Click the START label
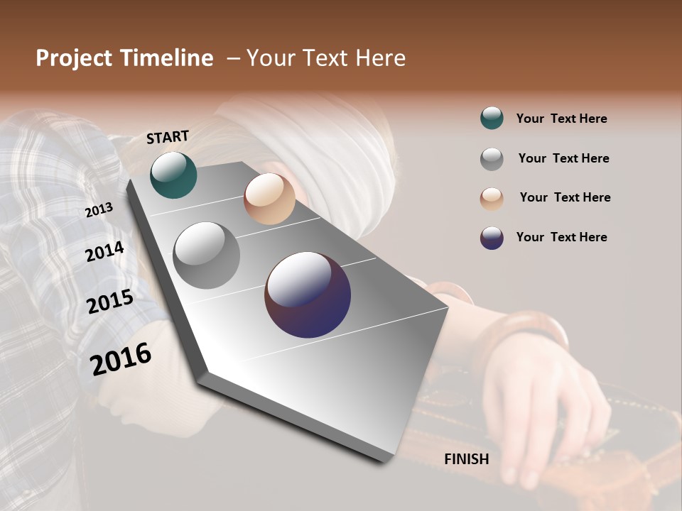(x=168, y=137)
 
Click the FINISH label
(x=466, y=459)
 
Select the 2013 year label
(x=99, y=209)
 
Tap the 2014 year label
(x=105, y=251)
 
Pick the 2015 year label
(x=110, y=302)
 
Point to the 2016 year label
(x=121, y=358)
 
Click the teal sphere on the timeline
(x=173, y=175)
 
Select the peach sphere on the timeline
(x=269, y=199)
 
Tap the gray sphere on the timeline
(x=207, y=255)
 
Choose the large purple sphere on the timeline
(x=308, y=295)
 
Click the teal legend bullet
(x=492, y=119)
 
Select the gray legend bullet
(x=492, y=159)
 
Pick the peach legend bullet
(x=492, y=199)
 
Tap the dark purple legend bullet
(x=492, y=238)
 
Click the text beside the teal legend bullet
(x=561, y=119)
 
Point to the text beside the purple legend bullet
(x=561, y=237)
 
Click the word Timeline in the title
(x=167, y=58)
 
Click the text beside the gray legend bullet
(x=563, y=158)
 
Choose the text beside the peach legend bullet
(x=565, y=197)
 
